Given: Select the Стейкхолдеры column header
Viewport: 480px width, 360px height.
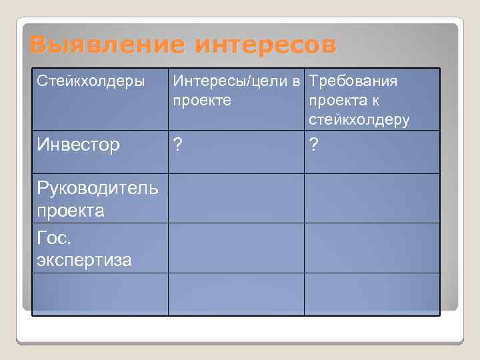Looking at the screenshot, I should pos(91,81).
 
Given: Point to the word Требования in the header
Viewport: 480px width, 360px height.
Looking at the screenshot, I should pos(353,81).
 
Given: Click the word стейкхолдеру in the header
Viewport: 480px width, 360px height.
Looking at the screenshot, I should pos(359,120).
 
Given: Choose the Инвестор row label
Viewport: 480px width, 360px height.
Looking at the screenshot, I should pos(79,144).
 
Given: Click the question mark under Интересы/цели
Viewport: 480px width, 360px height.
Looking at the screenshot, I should pos(178,144).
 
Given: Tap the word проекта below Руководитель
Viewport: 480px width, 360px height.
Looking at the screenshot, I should pos(71,211).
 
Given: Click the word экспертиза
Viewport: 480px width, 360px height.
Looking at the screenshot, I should pos(85,259).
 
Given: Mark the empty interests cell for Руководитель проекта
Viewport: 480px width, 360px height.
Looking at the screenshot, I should pos(236,198).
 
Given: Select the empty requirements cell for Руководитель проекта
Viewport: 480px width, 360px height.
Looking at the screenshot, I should pos(372,198).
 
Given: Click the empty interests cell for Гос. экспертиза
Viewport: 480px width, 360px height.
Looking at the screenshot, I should pos(236,247).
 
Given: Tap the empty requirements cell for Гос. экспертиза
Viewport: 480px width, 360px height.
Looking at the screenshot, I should pos(372,247).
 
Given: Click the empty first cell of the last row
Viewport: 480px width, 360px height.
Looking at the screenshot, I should pos(100,293).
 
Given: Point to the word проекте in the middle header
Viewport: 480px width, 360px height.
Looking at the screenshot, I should pos(202,101).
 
